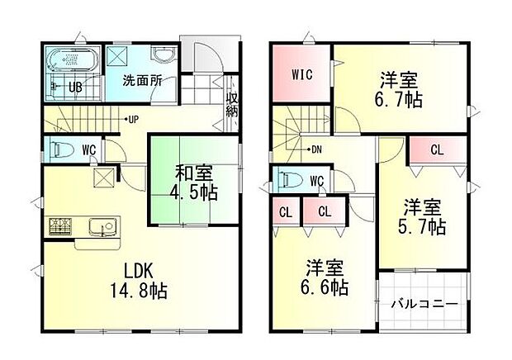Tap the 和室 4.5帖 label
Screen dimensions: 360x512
coord(196,183)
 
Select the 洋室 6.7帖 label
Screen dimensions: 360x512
coord(399,91)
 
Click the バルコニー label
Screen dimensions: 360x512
coord(424,304)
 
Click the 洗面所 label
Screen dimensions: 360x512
coord(142,81)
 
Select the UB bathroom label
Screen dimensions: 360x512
coord(74,87)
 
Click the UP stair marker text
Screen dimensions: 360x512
coord(132,119)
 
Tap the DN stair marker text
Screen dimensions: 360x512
coord(316,149)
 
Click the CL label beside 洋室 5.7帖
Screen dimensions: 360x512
coord(437,151)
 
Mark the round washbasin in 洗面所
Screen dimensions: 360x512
coord(162,54)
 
